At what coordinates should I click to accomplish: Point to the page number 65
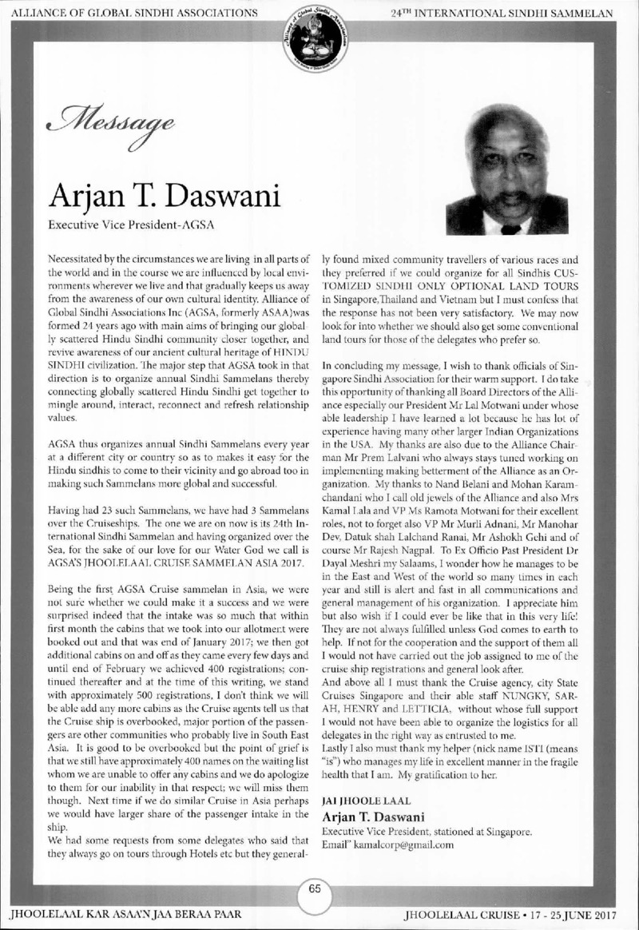point(319,889)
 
